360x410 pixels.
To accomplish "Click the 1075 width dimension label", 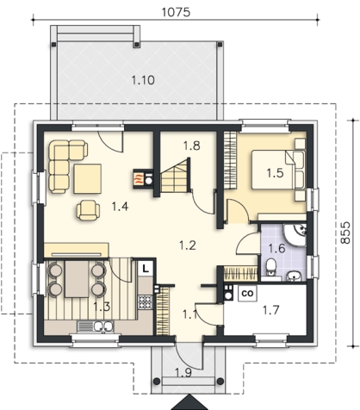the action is point(176,12).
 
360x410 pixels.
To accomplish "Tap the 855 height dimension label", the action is point(345,233).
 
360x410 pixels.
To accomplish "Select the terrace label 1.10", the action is point(143,80).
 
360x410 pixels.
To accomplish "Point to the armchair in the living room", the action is point(88,210).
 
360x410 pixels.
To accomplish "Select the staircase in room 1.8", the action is point(175,177).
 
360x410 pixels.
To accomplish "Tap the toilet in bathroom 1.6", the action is point(270,266).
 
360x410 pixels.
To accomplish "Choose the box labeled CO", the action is point(247,293).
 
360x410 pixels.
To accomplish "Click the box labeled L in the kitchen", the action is point(146,270).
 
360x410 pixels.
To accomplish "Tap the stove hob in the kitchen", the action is point(145,302).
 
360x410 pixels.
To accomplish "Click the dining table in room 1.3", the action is point(77,279).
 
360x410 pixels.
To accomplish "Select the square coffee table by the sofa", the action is point(88,178).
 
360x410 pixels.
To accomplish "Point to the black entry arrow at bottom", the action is point(189,402).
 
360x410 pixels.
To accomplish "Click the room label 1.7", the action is point(271,310).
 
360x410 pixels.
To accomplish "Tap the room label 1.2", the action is point(188,245).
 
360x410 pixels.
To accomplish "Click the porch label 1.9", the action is point(183,373).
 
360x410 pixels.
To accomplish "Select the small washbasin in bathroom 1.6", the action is point(294,276).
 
